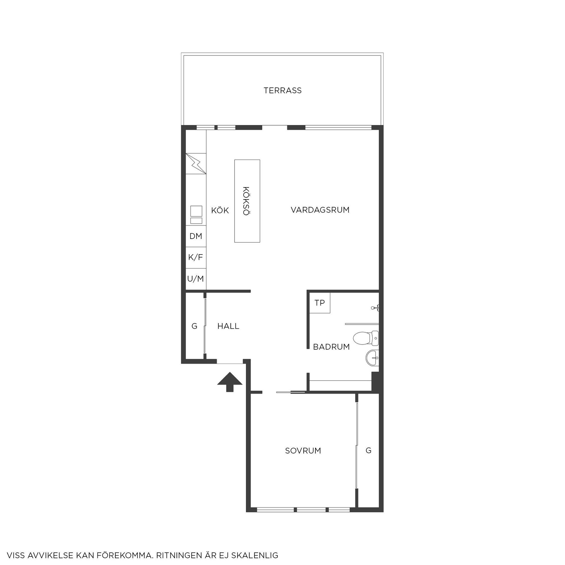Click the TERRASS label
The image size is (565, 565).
point(282,90)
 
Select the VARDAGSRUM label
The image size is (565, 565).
point(320,210)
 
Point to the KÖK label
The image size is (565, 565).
point(220,210)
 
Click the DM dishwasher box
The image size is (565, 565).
point(196,236)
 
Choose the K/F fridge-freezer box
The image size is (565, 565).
point(196,257)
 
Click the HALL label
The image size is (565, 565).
point(228,326)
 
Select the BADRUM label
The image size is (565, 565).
point(331,347)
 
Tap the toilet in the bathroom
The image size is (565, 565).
point(365,338)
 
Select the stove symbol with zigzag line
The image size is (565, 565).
point(196,163)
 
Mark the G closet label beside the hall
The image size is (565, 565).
point(194,326)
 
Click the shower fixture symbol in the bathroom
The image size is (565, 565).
point(376,308)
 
